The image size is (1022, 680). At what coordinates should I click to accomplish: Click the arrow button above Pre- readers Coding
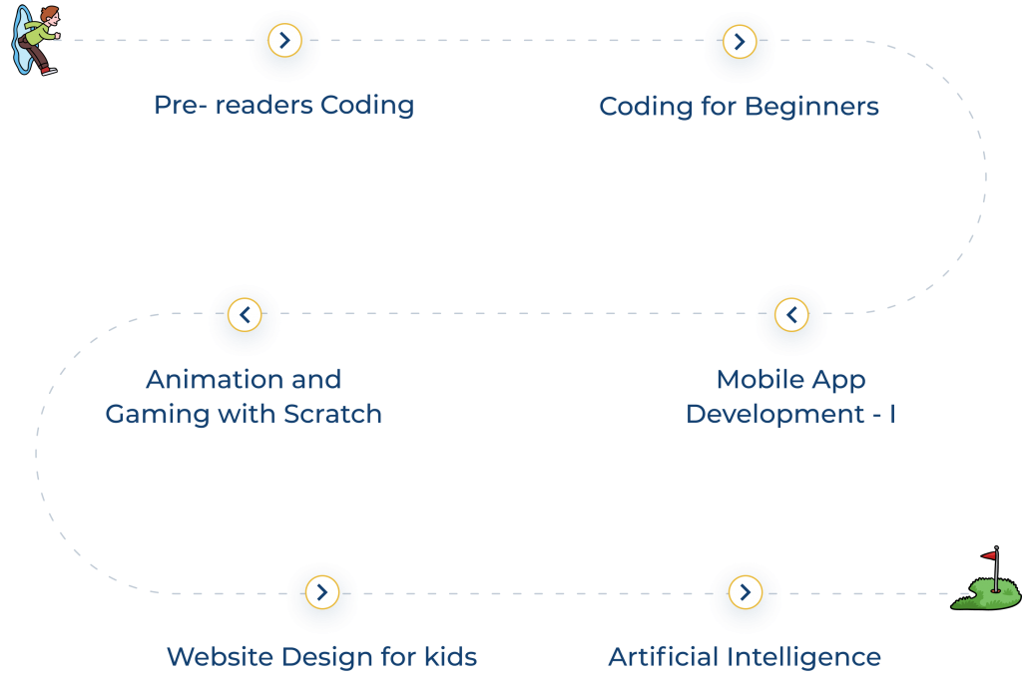pyautogui.click(x=284, y=41)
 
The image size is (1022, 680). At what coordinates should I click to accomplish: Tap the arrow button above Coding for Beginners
pyautogui.click(x=739, y=42)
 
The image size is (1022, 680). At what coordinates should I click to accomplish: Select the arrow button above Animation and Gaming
pyautogui.click(x=245, y=315)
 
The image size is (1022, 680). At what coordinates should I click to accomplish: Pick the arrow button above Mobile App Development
pyautogui.click(x=791, y=315)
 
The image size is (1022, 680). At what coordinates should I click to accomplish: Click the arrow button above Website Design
pyautogui.click(x=321, y=592)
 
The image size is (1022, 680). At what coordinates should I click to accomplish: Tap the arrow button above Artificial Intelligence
pyautogui.click(x=745, y=592)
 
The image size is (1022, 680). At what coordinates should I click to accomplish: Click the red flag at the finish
pyautogui.click(x=990, y=555)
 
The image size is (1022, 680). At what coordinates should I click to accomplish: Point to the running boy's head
pyautogui.click(x=47, y=16)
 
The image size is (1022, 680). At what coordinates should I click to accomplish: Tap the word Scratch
pyautogui.click(x=332, y=414)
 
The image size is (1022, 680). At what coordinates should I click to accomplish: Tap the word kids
pyautogui.click(x=450, y=657)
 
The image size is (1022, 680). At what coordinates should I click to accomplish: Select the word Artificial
pyautogui.click(x=662, y=657)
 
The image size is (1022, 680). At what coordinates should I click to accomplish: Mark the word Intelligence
pyautogui.click(x=802, y=657)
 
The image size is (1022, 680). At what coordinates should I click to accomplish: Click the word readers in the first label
pyautogui.click(x=263, y=105)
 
